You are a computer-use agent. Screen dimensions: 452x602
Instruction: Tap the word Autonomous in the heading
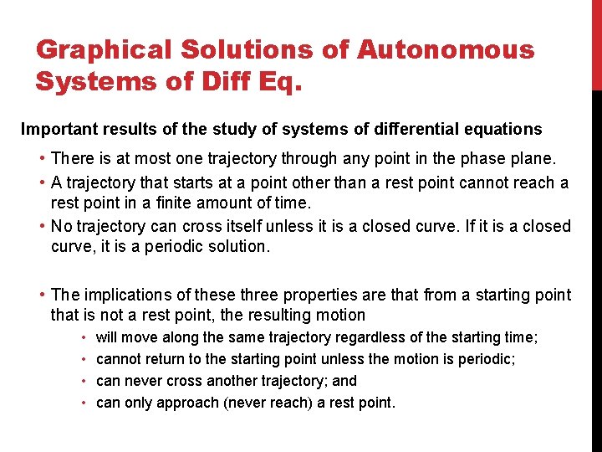pos(446,50)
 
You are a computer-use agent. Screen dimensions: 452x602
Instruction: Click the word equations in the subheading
pos(506,130)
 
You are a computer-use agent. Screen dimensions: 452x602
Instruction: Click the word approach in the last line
pos(190,403)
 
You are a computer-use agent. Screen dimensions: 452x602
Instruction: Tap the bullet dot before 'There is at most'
pos(42,159)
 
